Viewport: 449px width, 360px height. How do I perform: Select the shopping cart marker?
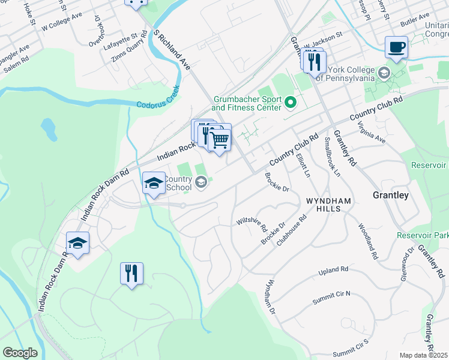click(x=220, y=140)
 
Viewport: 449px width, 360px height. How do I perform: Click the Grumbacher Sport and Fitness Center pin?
click(x=291, y=103)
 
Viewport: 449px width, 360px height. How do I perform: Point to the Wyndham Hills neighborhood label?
click(x=324, y=204)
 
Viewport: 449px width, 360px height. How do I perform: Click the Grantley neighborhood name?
click(x=390, y=195)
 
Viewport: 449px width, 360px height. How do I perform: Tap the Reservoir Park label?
click(x=423, y=235)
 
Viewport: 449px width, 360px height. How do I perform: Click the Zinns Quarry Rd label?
click(x=129, y=50)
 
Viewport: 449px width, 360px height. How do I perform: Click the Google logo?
click(x=20, y=353)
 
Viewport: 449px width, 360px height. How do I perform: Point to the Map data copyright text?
click(x=424, y=355)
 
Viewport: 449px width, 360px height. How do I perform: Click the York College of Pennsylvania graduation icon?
click(x=383, y=73)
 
